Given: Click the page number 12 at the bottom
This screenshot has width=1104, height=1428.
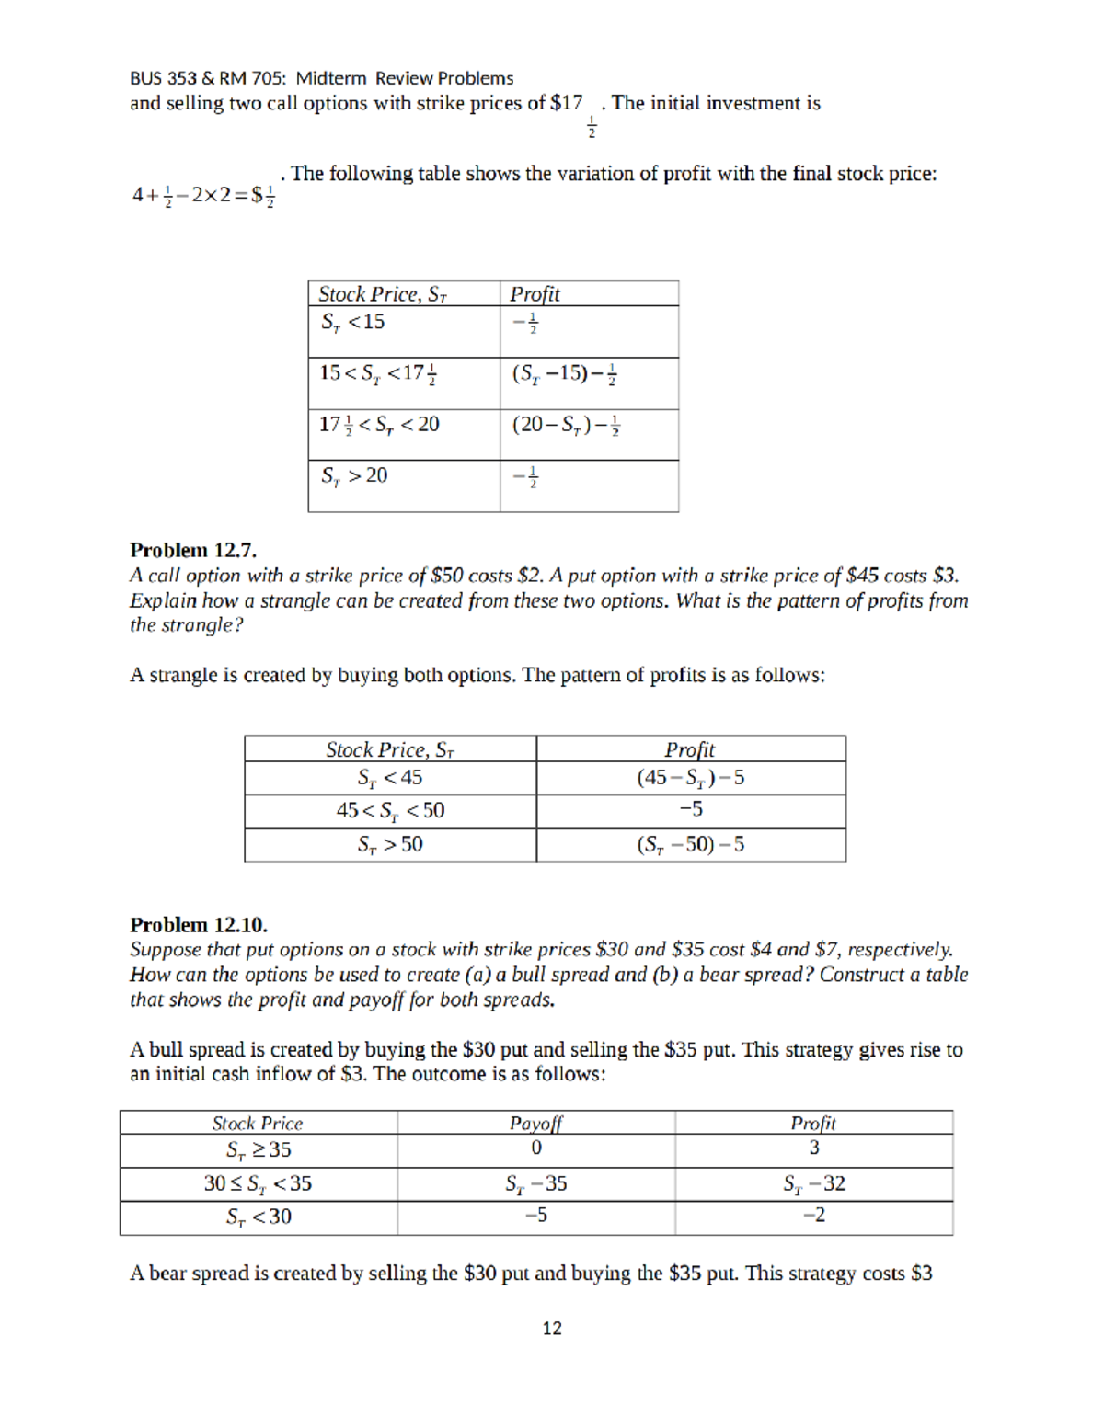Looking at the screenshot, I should pyautogui.click(x=552, y=1328).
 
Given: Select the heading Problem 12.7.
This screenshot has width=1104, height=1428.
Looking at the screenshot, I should pyautogui.click(x=193, y=550).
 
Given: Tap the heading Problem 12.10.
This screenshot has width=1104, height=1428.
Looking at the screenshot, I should pyautogui.click(x=199, y=924).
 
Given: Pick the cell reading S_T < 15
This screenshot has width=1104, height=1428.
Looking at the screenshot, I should pyautogui.click(x=352, y=322).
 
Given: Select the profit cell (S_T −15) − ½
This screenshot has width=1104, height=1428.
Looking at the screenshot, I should pyautogui.click(x=565, y=373).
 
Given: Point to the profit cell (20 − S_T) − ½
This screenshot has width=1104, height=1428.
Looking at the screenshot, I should pyautogui.click(x=566, y=425).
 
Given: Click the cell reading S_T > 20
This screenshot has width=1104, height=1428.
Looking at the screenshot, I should pyautogui.click(x=354, y=475).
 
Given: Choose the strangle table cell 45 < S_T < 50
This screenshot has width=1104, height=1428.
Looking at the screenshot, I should pyautogui.click(x=390, y=810).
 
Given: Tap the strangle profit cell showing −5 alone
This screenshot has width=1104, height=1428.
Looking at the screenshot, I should pyautogui.click(x=691, y=809).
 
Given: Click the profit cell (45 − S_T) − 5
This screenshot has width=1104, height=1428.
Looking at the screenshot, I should pyautogui.click(x=691, y=777).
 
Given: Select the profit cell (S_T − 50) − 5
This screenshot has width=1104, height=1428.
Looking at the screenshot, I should pyautogui.click(x=691, y=844).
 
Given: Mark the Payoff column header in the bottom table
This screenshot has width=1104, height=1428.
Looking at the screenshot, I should pyautogui.click(x=535, y=1123).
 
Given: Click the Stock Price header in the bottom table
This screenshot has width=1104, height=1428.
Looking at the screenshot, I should pyautogui.click(x=258, y=1123).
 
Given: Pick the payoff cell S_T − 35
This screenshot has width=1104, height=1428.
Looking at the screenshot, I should pyautogui.click(x=535, y=1183).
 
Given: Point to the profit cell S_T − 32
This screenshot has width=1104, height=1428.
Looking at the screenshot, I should pyautogui.click(x=814, y=1183).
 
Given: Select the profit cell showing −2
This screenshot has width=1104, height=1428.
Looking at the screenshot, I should pyautogui.click(x=814, y=1216).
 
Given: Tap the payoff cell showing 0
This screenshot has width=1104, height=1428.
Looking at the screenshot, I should pyautogui.click(x=536, y=1148).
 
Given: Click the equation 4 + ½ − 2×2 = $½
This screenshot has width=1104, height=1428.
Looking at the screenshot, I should pyautogui.click(x=203, y=195).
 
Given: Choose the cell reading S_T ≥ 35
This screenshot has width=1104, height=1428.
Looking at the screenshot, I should pyautogui.click(x=259, y=1149).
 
